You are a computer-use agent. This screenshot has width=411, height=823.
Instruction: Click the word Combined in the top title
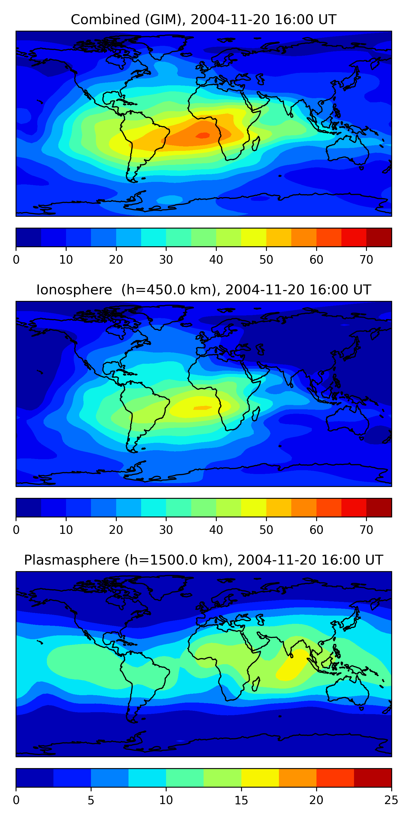105,19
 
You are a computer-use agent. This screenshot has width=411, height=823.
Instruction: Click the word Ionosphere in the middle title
74,290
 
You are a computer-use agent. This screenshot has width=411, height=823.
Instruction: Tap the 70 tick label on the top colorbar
366,260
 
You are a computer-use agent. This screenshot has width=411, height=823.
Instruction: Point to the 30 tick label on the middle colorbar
166,530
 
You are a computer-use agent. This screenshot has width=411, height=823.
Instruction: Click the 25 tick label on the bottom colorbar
391,800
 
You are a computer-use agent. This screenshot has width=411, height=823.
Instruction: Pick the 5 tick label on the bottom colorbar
91,800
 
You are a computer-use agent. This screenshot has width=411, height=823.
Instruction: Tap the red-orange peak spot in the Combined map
203,136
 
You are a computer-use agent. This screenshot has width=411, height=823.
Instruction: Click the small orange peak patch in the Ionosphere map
202,408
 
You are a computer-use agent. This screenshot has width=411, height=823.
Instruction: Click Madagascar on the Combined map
256,144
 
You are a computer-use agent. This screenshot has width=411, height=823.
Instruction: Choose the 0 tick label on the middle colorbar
16,530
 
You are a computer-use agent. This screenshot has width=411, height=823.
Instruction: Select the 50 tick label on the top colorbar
266,260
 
